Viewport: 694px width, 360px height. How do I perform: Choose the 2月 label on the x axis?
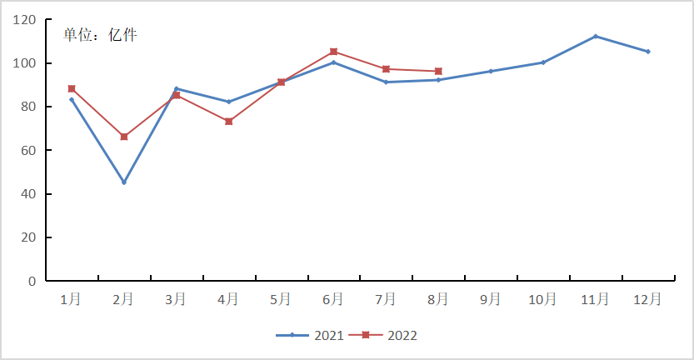[x=123, y=298]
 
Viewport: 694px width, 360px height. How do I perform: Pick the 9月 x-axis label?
[x=491, y=298]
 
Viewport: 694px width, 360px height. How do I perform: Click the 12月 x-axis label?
[x=648, y=298]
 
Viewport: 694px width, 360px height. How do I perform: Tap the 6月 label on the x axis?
[x=333, y=298]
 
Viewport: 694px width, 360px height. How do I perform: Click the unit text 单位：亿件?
[x=101, y=35]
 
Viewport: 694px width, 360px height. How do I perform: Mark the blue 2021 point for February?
[x=124, y=182]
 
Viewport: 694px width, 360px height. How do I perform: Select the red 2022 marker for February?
[x=124, y=137]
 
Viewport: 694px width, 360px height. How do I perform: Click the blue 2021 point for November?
[x=596, y=37]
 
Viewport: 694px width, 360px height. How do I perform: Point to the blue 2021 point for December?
[x=648, y=52]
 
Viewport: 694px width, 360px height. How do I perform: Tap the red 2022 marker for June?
[x=334, y=52]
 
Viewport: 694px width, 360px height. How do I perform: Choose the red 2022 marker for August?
[x=438, y=72]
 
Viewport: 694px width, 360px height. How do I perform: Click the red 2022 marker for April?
[x=229, y=122]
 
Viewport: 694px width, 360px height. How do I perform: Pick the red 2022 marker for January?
[x=72, y=89]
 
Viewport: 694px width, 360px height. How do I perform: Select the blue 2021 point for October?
[x=543, y=62]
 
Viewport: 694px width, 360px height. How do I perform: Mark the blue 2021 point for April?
[x=229, y=102]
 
